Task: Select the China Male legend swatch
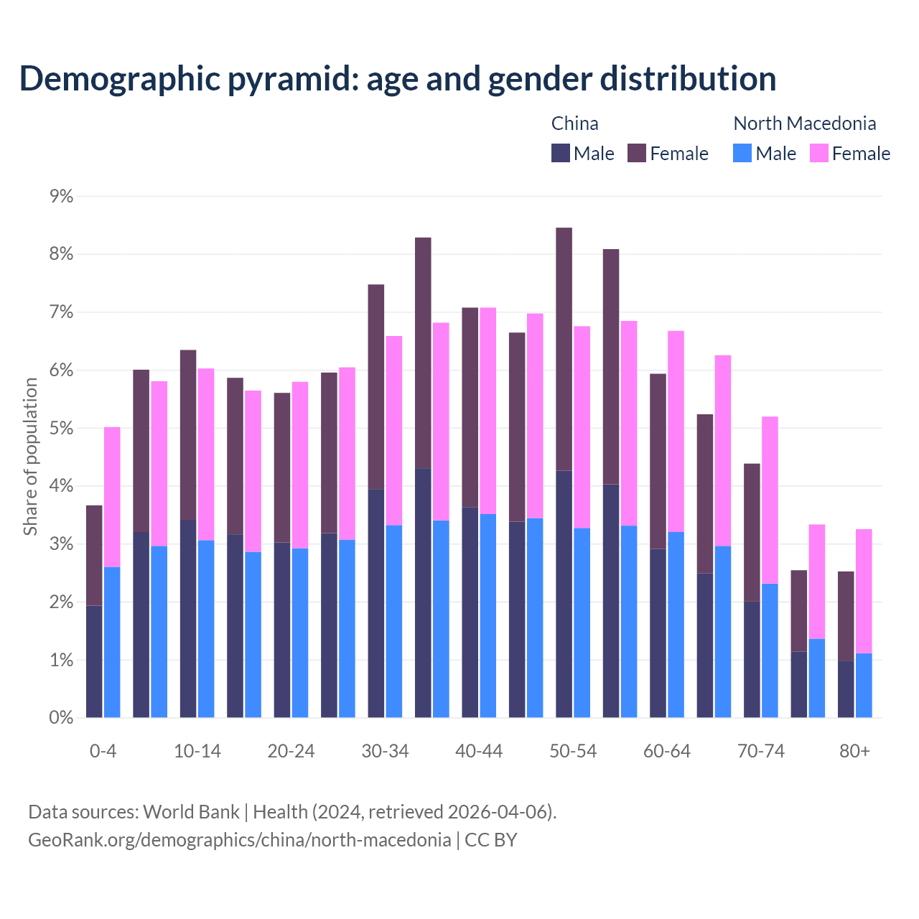[x=561, y=153]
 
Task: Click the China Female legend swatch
[x=637, y=153]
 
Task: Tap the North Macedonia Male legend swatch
[x=742, y=153]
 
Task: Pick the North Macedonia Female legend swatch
[x=818, y=153]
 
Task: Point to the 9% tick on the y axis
[x=61, y=196]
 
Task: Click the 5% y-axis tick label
[x=61, y=429]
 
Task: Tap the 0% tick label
[x=61, y=718]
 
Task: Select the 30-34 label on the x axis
[x=385, y=752]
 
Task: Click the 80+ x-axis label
[x=854, y=752]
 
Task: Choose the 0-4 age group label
[x=103, y=752]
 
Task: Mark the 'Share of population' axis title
[x=30, y=457]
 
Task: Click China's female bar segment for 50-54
[x=564, y=349]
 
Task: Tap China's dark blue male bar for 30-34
[x=376, y=603]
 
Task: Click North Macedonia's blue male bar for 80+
[x=864, y=686]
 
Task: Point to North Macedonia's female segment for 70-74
[x=770, y=500]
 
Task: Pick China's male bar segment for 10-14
[x=188, y=618]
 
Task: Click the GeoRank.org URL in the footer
[x=240, y=839]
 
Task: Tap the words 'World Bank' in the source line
[x=191, y=812]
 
